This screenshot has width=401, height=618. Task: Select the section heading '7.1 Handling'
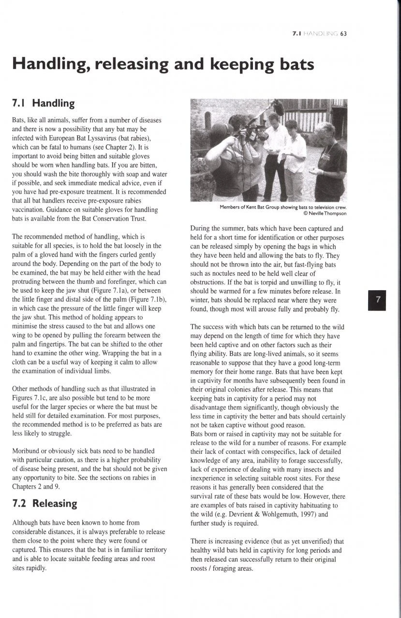click(43, 103)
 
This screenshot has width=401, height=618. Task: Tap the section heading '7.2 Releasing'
click(44, 503)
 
